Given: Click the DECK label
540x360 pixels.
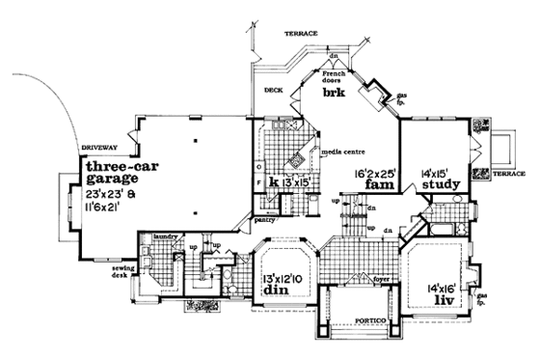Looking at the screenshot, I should tap(272, 94).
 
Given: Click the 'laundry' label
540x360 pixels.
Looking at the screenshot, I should tap(161, 235).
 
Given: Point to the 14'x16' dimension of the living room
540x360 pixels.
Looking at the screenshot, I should tap(443, 287).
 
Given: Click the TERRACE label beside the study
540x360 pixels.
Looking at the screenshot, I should tap(508, 175).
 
